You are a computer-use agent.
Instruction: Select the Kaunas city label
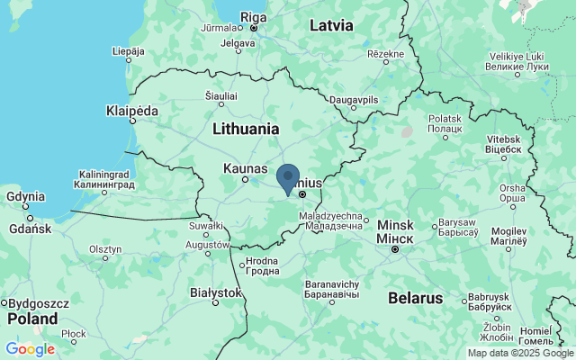coord(245,168)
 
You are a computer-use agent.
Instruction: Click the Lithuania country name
coord(246,129)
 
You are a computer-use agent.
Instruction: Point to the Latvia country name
coord(331,25)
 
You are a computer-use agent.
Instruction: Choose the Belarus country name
coord(415,297)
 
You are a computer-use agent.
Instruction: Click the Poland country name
coord(33,319)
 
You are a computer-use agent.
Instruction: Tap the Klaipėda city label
coord(131,111)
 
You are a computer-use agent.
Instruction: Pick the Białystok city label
coord(216,292)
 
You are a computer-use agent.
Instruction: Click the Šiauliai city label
coord(221,94)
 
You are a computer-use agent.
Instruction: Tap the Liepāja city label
coord(127,51)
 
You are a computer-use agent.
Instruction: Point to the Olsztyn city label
coord(104,248)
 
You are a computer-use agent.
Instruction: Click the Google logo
coord(30,349)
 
